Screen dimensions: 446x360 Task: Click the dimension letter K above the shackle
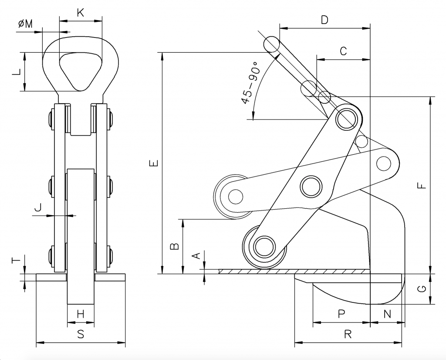coord(81,13)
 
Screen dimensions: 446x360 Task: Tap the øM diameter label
coord(26,24)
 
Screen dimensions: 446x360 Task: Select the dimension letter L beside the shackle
coord(17,72)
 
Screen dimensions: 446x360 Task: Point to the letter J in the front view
coord(38,207)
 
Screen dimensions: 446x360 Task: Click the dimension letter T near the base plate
coord(17,260)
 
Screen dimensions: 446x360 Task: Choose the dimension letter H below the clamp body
coord(81,315)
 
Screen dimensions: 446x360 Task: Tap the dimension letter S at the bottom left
coord(81,334)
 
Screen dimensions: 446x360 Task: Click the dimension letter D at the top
coord(324,20)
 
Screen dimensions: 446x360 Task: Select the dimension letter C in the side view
coord(343,51)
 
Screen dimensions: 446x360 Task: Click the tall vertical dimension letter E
coord(154,163)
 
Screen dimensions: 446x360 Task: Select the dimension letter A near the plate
coord(196,255)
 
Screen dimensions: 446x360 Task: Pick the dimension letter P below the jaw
coord(341,314)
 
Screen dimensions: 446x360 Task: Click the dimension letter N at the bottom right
coord(387,314)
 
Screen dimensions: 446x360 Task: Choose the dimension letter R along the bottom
coord(348,334)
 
